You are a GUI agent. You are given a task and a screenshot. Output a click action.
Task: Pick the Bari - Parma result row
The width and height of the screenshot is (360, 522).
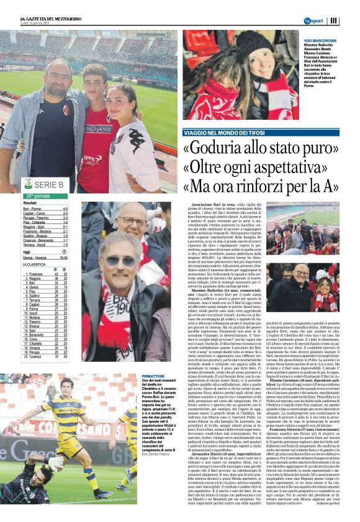click(x=47, y=209)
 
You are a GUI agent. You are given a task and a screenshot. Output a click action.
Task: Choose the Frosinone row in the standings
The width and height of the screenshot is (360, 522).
click(x=47, y=274)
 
